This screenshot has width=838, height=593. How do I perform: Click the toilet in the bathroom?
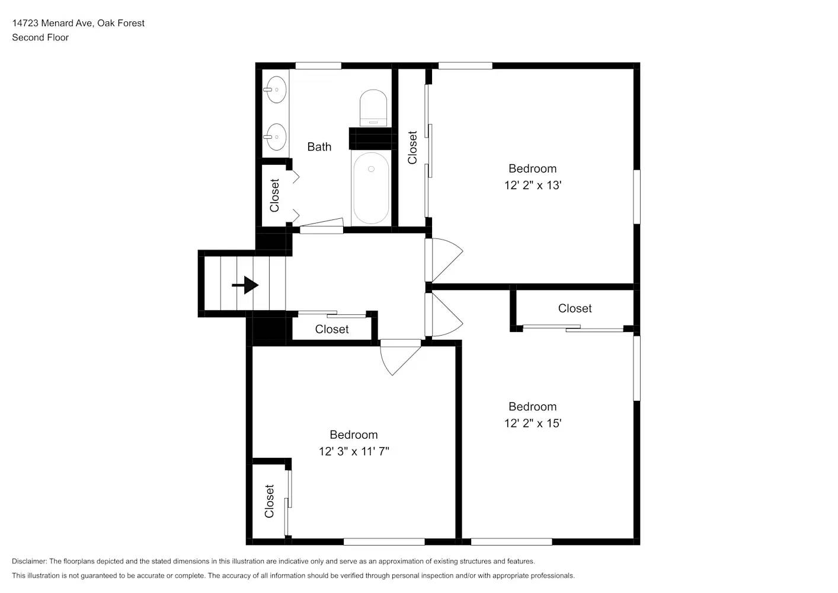tap(373, 107)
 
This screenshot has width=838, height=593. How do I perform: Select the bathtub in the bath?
tap(371, 188)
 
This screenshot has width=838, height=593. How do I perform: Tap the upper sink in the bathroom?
tap(275, 90)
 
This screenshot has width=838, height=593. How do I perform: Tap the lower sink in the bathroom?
tap(275, 137)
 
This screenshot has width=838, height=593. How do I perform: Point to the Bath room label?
tap(319, 146)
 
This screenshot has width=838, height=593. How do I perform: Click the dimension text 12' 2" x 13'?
tap(532, 185)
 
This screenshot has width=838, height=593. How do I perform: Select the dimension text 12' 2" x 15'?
tap(532, 423)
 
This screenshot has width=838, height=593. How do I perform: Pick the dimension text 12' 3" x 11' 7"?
tap(354, 451)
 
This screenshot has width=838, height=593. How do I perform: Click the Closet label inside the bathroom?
tap(274, 195)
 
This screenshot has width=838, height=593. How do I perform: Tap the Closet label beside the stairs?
tap(331, 329)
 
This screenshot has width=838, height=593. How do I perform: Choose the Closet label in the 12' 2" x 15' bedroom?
tap(574, 308)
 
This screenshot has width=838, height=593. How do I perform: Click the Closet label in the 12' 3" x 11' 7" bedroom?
tap(269, 501)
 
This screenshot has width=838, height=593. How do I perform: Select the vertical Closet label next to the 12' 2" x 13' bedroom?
tap(412, 148)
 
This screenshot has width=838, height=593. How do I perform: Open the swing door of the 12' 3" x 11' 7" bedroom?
tap(399, 357)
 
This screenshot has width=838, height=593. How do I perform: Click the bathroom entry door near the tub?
tap(322, 225)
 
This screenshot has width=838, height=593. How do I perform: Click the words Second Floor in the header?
tap(40, 37)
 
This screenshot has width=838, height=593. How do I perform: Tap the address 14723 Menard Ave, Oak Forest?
tap(78, 23)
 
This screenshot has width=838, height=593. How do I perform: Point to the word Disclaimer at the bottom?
tap(29, 561)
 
